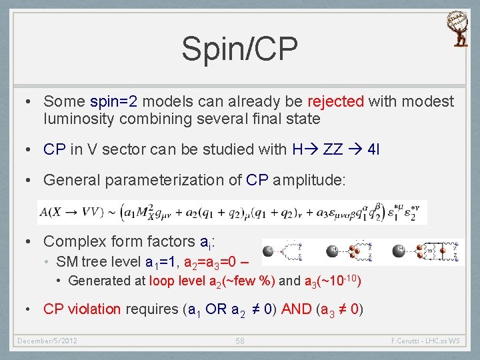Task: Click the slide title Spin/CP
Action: (239, 49)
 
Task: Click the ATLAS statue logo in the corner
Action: (460, 29)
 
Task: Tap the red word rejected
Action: (335, 102)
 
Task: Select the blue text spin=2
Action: (111, 102)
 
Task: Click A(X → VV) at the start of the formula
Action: (72, 213)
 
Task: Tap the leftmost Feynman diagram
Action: (287, 251)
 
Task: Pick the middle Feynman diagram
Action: (357, 251)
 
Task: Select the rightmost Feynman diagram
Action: (428, 251)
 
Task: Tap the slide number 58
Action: (239, 341)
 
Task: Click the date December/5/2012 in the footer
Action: (47, 341)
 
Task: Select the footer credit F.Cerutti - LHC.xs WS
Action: (425, 341)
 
